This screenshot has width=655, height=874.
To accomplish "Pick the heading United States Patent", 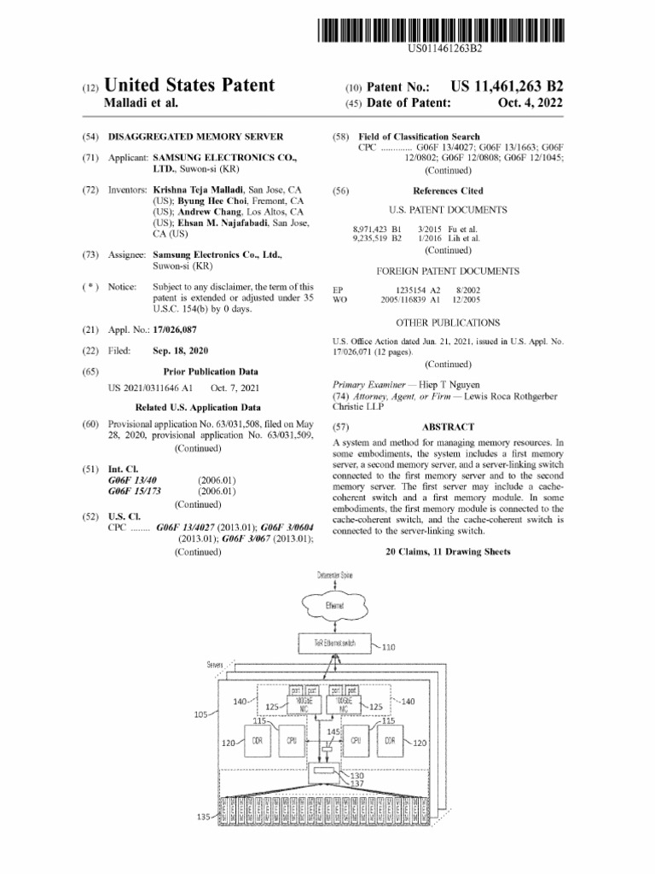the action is pos(189,84).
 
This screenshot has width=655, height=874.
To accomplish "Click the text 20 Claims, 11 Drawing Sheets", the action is pos(448,552).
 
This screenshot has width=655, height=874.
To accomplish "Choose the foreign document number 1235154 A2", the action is pos(411,290).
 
